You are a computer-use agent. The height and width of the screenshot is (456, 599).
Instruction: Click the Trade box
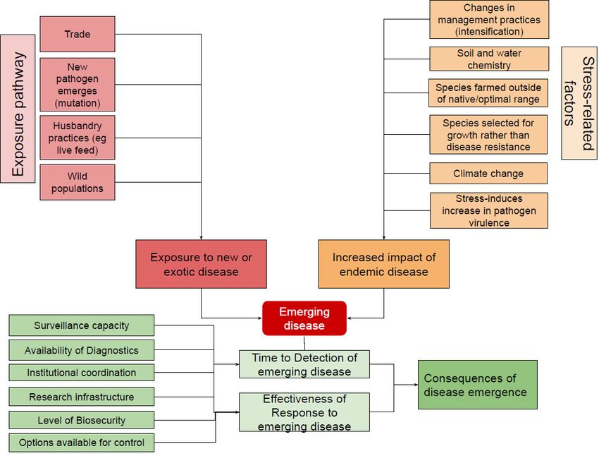point(78,34)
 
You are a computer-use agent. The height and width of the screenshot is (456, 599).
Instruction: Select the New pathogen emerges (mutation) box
point(78,85)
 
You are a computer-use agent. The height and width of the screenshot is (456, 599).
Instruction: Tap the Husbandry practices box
point(78,138)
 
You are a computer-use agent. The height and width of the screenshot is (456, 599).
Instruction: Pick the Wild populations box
point(78,182)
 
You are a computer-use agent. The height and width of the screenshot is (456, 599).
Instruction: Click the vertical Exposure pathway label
point(18,109)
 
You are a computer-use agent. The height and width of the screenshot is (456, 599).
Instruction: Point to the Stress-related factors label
point(579,103)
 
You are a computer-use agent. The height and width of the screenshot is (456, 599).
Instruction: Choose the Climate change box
point(488,174)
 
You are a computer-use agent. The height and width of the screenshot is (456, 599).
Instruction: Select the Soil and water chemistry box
point(489,59)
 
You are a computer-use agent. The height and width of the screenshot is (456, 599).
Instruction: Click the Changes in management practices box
point(489,20)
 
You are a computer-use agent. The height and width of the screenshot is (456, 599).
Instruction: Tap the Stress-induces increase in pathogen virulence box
point(489,210)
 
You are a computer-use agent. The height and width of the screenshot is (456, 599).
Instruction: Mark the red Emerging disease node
point(304,318)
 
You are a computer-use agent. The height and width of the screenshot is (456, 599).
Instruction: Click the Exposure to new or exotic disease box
point(202,264)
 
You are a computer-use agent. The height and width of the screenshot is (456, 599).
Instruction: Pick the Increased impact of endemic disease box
point(384,264)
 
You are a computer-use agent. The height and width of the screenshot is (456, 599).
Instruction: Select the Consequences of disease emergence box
point(478,385)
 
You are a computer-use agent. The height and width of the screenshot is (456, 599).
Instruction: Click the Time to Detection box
point(304,364)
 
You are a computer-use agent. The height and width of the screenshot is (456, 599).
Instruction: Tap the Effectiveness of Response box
point(304,412)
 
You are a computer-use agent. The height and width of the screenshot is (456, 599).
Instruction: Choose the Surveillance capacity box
point(81,325)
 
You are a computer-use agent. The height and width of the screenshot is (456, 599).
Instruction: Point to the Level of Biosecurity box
point(81,420)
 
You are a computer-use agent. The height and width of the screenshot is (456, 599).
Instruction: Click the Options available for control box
point(81,443)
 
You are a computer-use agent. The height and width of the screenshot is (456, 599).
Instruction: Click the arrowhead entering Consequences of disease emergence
point(416,385)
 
